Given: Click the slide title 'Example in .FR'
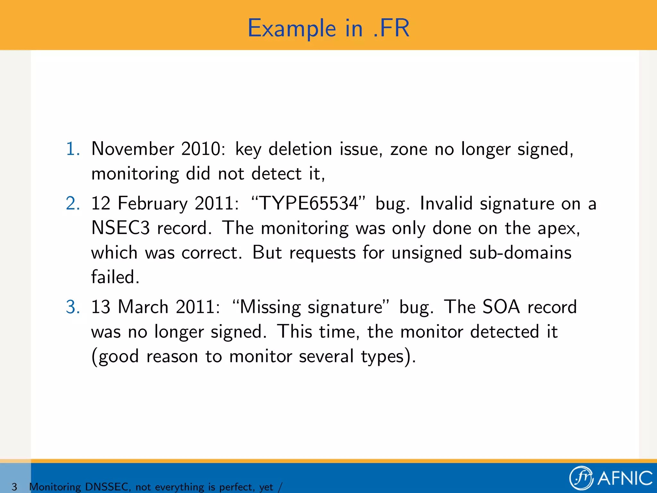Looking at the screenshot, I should point(328,28).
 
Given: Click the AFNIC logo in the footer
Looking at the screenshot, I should point(611,478).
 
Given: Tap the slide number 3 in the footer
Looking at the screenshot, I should point(14,487).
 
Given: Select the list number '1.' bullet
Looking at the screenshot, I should point(73,149).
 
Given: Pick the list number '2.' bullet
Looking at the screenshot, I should point(73,203).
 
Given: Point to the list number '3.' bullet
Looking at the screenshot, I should point(73,307).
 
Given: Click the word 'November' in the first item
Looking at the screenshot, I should point(133,149).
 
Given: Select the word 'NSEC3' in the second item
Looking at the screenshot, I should point(120,228).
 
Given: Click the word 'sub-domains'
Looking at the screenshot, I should point(520,253).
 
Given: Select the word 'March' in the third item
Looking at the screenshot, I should point(143,307).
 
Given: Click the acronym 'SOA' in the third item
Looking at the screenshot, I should point(501,307).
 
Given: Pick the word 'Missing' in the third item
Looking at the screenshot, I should point(270,307).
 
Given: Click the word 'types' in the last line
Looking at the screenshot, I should point(382,357).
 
